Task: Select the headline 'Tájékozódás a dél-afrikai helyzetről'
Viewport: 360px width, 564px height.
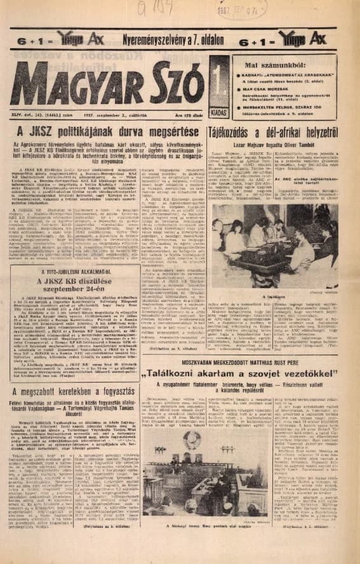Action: (x=284, y=133)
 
